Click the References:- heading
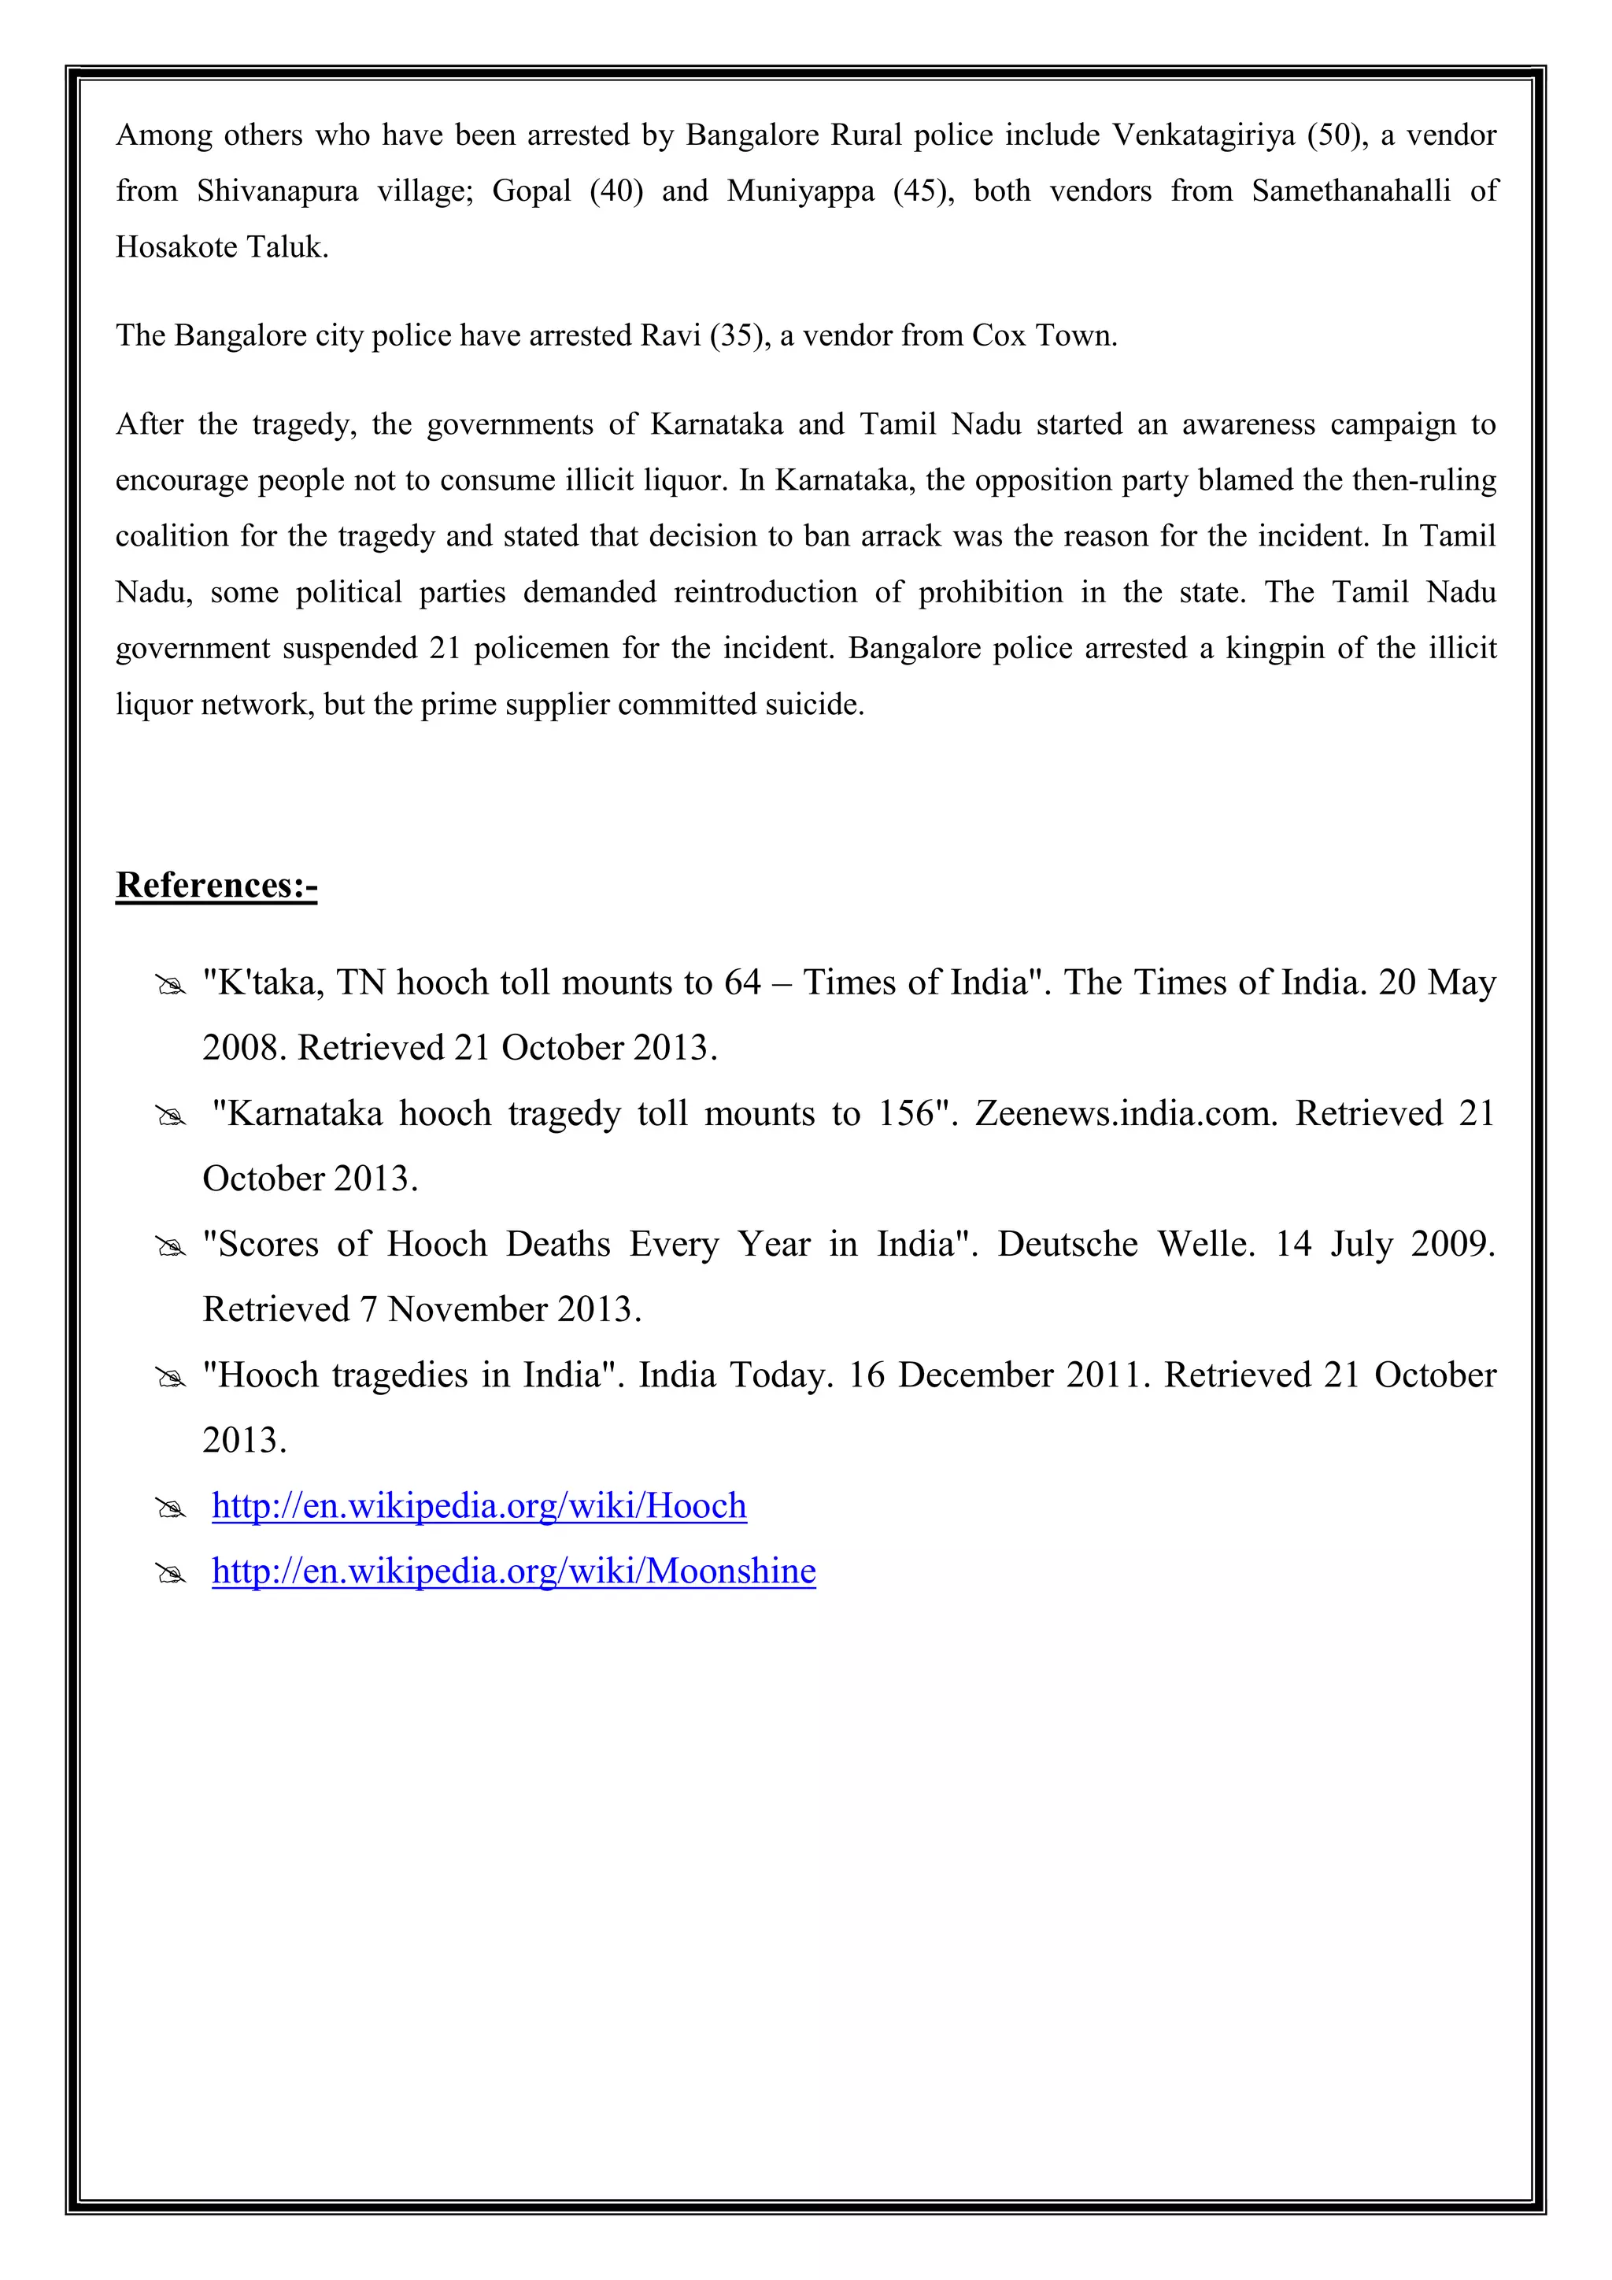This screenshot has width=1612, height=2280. (216, 885)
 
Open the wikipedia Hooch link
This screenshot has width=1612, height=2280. (479, 1506)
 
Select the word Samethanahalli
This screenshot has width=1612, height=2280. (1350, 191)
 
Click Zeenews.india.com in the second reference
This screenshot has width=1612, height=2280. (1126, 1114)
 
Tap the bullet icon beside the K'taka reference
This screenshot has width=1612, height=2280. (171, 986)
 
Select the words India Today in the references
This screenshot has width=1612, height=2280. (733, 1376)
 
